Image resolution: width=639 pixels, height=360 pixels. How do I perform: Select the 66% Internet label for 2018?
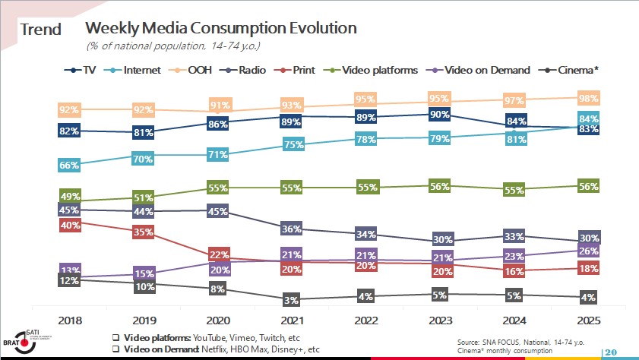click(x=69, y=165)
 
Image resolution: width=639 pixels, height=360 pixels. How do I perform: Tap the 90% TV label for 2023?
click(x=441, y=115)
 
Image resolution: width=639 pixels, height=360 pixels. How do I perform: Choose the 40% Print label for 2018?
click(x=69, y=224)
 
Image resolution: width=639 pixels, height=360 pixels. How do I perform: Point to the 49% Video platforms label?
click(x=69, y=196)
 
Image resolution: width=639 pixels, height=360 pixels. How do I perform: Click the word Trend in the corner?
click(x=41, y=30)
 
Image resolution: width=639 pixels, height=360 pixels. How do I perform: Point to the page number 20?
click(x=611, y=352)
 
